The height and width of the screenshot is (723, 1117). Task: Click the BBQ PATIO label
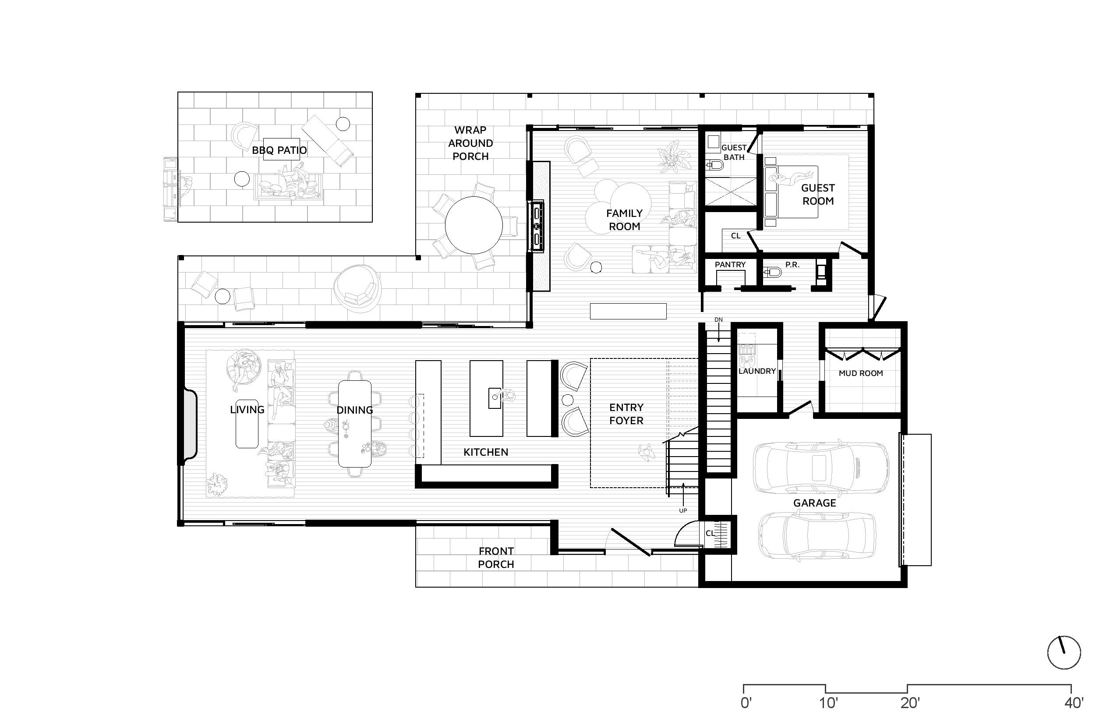pos(279,150)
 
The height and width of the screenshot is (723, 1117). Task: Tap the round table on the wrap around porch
pos(474,225)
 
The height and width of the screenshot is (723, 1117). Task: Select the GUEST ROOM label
pos(818,195)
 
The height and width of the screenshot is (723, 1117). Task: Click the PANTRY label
pos(730,265)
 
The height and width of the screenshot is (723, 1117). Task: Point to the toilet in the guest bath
pos(715,165)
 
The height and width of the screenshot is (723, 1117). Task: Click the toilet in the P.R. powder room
pos(773,272)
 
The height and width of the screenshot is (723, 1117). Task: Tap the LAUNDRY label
pos(757,371)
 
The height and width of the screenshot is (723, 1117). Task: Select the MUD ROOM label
pos(861,373)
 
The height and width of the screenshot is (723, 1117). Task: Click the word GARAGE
pos(815,503)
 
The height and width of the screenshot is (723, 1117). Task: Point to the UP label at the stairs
pos(683,510)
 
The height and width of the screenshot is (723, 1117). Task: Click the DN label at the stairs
pos(718,320)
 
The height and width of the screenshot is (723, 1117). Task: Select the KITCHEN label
pos(486,452)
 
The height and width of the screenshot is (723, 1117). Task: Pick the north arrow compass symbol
pos(1064,652)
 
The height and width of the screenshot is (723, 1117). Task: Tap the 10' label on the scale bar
pos(828,703)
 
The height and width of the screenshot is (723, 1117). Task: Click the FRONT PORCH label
pos(496,558)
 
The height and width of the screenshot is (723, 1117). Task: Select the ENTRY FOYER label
pos(626,414)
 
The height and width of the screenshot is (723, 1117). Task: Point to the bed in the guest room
pos(791,191)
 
